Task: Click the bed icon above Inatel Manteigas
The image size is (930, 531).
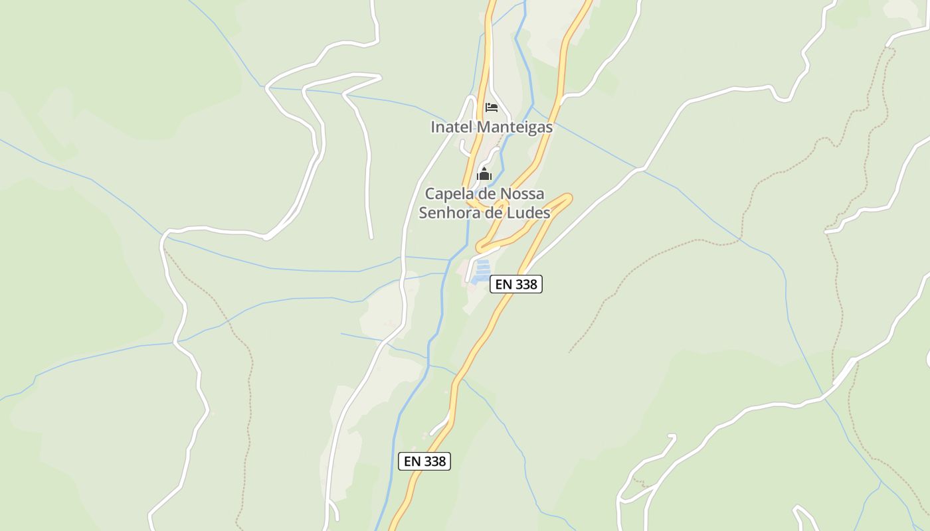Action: (491, 107)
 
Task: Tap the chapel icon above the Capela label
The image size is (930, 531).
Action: (484, 175)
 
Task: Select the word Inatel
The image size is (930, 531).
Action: (449, 127)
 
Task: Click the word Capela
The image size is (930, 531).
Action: (448, 194)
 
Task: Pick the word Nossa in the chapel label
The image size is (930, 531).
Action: (520, 194)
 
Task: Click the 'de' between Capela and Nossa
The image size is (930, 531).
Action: (484, 194)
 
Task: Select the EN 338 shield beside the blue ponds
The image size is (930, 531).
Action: (516, 284)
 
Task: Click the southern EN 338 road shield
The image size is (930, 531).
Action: (424, 461)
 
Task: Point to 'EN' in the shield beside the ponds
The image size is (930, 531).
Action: (504, 284)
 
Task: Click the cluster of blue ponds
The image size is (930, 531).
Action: (482, 271)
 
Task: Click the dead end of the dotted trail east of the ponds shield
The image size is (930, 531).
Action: (570, 351)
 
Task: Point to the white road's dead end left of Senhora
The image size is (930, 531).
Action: (371, 237)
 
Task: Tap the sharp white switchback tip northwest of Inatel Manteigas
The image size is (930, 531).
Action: (380, 77)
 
